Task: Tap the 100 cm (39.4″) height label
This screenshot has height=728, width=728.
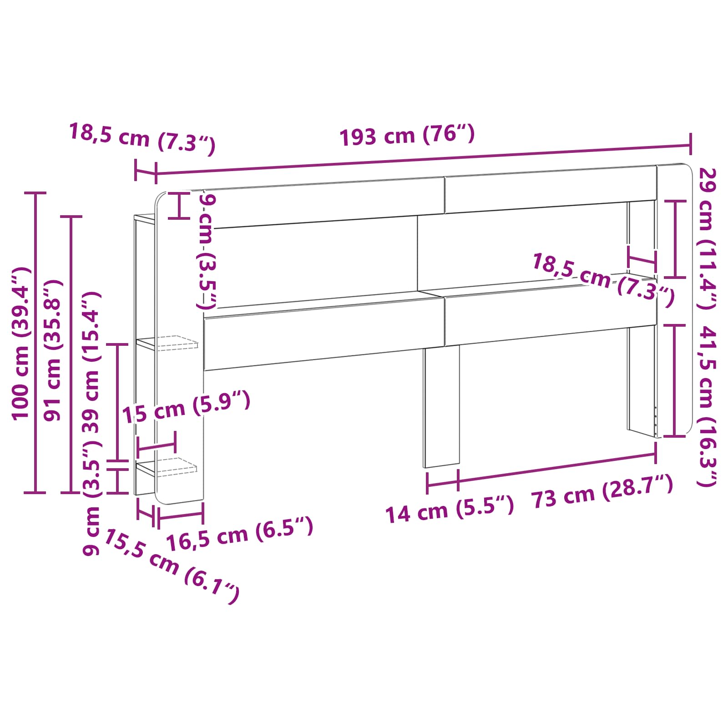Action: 21,344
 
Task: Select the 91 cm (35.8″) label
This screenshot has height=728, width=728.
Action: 53,350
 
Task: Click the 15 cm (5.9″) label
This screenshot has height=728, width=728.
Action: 186,407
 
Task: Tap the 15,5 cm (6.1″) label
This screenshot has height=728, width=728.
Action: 172,566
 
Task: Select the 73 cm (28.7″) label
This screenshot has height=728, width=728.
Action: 602,491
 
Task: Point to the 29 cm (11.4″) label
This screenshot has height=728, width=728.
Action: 708,238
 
